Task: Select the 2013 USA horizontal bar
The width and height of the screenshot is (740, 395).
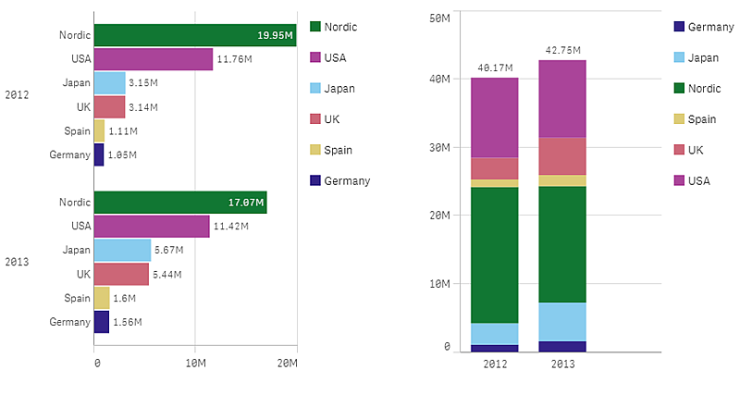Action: (x=152, y=226)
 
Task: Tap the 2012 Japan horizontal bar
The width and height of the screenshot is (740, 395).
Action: (x=109, y=82)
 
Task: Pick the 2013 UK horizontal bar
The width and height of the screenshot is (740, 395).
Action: (x=121, y=274)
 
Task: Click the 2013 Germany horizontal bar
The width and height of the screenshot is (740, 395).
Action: (x=102, y=321)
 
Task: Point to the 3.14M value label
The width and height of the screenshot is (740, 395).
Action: (x=143, y=107)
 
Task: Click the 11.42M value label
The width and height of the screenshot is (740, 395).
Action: (x=229, y=226)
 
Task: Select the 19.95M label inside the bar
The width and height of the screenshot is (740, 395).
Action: (x=276, y=36)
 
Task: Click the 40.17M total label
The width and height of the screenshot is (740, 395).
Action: (x=495, y=68)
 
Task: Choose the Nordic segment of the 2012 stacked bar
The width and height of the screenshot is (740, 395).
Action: (x=495, y=254)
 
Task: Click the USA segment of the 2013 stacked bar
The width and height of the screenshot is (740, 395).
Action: (x=562, y=98)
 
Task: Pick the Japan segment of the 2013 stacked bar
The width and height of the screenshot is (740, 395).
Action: (x=562, y=321)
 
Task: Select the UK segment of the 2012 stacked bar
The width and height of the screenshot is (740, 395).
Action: (x=495, y=167)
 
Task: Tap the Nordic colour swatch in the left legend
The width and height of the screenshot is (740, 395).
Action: (x=314, y=27)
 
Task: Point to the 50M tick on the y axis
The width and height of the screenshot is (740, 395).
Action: (x=439, y=17)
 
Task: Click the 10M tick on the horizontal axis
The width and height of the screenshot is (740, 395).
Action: (x=195, y=364)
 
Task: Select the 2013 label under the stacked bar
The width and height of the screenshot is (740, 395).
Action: (x=562, y=364)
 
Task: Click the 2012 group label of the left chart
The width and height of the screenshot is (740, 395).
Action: (x=18, y=94)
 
